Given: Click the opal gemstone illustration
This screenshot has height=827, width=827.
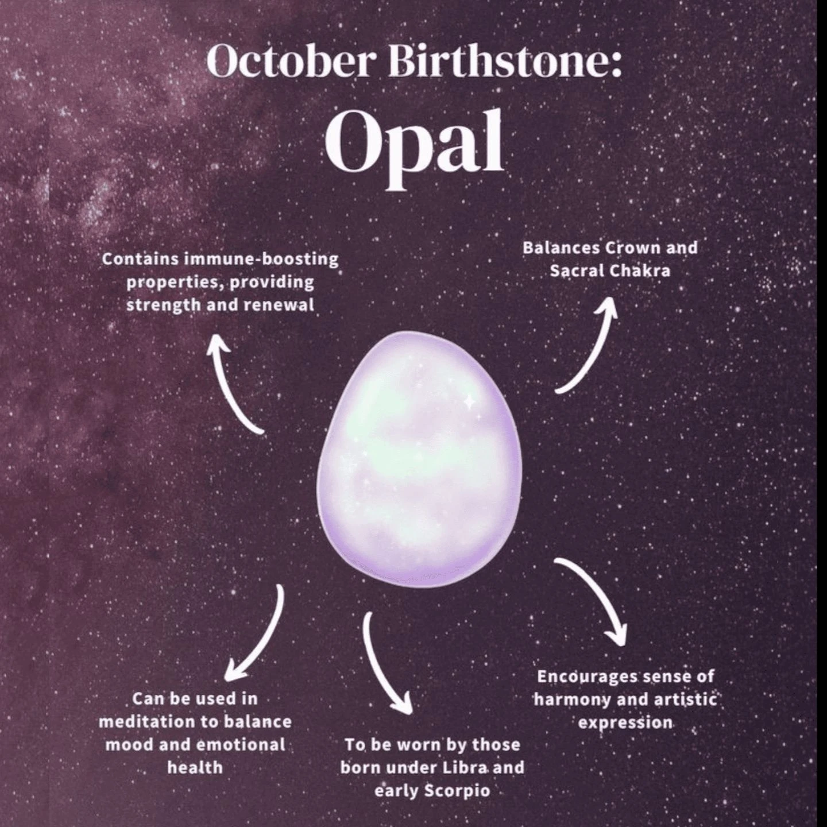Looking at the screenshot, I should (419, 459).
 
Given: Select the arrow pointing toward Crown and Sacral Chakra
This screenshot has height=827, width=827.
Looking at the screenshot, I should (589, 345).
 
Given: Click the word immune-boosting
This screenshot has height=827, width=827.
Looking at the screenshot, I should (261, 259).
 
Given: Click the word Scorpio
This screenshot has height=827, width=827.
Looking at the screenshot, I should (458, 791).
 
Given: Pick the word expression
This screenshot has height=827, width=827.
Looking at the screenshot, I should (625, 722).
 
